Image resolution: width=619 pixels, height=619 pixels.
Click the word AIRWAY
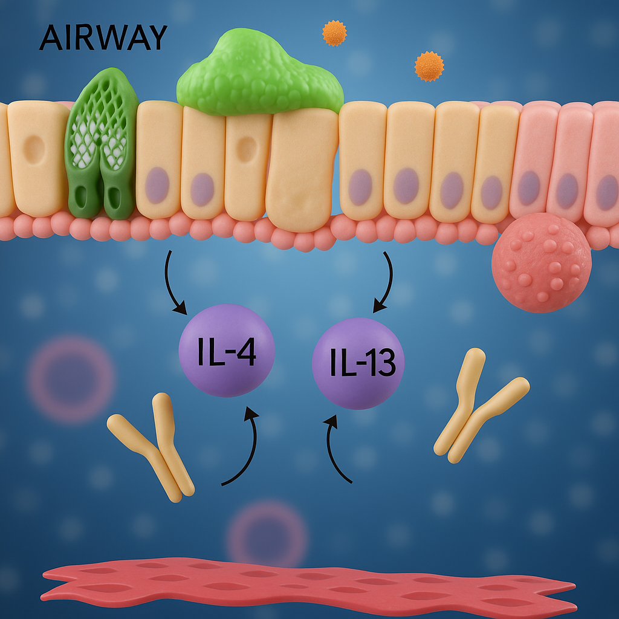point(103,39)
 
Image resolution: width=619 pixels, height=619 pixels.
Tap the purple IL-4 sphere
point(227,351)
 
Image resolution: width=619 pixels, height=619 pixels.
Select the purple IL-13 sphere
point(358,363)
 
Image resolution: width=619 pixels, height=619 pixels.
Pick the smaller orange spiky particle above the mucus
point(334,33)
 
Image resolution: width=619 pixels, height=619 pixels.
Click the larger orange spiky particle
point(429,66)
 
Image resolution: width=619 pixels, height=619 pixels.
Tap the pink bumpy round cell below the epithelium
point(541,262)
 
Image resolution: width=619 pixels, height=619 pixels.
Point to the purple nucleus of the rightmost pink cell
point(607,192)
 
